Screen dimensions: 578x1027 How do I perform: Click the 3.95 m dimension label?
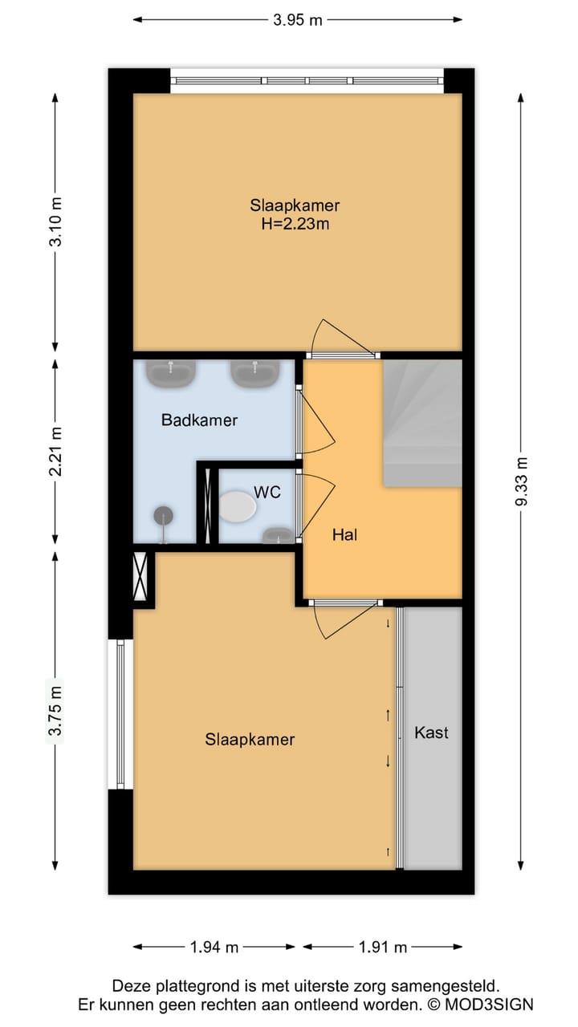[298, 20]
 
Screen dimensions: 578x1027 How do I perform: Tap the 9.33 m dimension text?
[521, 481]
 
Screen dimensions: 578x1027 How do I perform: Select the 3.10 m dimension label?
[55, 222]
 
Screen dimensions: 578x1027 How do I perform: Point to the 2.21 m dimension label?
[55, 452]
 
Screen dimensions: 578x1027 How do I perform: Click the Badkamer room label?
[200, 420]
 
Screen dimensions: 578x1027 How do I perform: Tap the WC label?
[267, 492]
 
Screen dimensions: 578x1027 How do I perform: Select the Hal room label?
[345, 534]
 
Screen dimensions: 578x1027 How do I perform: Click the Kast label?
[431, 733]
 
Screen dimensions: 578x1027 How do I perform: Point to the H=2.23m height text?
[295, 224]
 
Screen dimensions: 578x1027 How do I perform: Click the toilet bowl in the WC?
[237, 506]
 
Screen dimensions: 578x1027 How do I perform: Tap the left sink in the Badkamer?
[171, 374]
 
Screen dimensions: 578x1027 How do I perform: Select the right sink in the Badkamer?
[255, 374]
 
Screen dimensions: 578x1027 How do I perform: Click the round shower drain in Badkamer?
[164, 516]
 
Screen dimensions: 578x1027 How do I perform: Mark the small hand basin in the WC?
[278, 535]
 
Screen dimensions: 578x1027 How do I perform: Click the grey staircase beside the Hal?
[422, 423]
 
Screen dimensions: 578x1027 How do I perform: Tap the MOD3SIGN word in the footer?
[490, 1005]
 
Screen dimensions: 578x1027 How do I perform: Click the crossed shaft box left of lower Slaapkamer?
[140, 576]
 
